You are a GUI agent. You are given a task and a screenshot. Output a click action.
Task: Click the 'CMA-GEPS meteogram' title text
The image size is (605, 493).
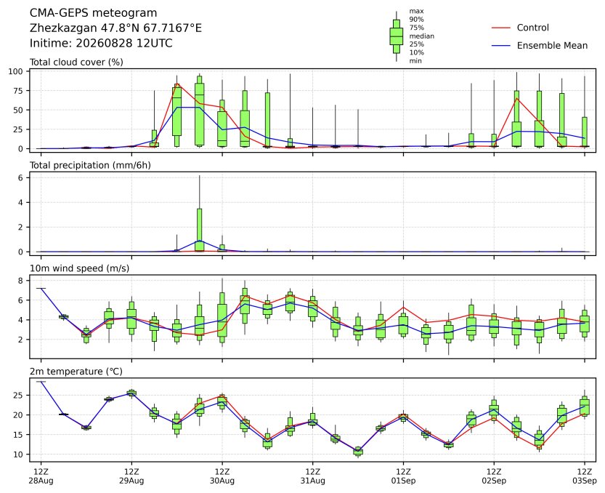[x=94, y=13]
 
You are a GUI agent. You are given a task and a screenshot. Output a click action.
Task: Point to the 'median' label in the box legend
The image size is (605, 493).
[x=422, y=36]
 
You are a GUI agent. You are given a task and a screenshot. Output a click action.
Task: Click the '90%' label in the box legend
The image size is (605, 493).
[x=416, y=20]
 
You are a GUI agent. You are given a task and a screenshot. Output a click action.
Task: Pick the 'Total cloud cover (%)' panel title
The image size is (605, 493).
[x=76, y=63]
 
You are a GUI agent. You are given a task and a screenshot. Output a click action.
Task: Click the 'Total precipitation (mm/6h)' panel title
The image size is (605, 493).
[x=90, y=165]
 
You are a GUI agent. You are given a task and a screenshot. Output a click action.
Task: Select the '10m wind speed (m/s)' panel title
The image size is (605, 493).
[x=79, y=268]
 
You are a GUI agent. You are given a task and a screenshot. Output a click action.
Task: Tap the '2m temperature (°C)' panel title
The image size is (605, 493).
[x=76, y=372]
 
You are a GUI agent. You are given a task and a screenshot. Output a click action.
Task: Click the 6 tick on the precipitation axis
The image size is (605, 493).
[x=21, y=177]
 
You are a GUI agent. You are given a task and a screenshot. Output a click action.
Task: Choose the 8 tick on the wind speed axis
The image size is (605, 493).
[x=21, y=281]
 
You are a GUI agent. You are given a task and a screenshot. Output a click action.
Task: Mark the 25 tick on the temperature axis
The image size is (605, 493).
[x=19, y=396]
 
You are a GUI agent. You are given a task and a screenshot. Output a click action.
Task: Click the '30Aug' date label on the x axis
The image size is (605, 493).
[x=222, y=481]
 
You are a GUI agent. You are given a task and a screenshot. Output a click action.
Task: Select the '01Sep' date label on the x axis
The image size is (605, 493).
[x=403, y=481]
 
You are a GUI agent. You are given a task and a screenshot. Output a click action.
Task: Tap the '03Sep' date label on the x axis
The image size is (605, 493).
[x=584, y=481]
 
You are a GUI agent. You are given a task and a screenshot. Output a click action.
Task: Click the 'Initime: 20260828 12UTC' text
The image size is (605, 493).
[x=101, y=43]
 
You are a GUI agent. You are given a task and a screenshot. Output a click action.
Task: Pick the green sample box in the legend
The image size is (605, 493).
[x=397, y=36]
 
